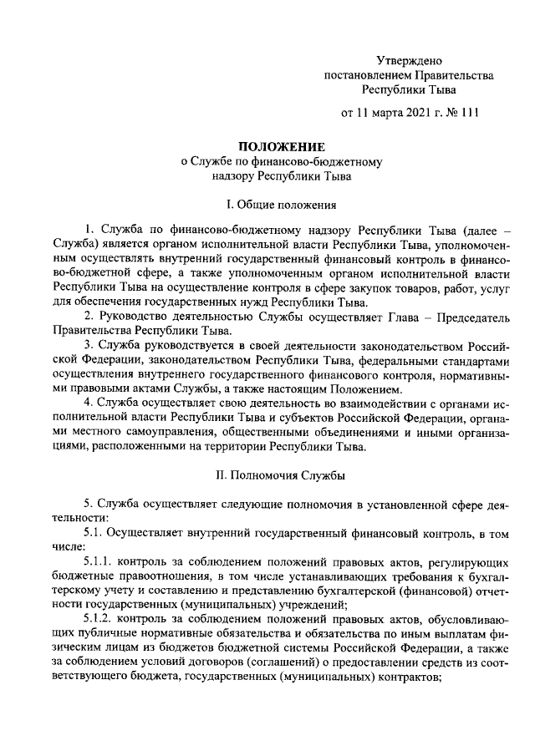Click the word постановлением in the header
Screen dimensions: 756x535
coord(368,75)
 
